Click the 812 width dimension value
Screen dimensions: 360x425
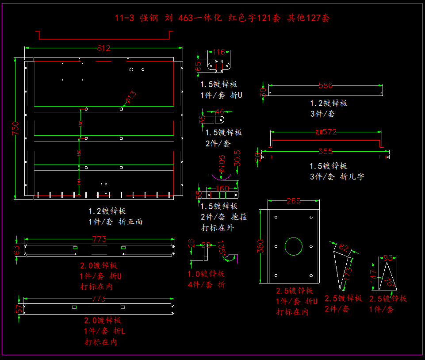pos(103,49)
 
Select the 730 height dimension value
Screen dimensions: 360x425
pos(15,128)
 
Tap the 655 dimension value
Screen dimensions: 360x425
pos(325,151)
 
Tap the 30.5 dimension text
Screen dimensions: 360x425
pos(237,158)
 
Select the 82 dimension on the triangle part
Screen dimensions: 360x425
pos(344,247)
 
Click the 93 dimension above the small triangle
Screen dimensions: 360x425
pos(388,258)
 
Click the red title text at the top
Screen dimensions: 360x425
pos(222,18)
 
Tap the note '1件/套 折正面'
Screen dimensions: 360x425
pos(115,222)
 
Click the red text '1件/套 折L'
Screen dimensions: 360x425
pos(103,331)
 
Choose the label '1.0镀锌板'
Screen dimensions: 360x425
pos(206,274)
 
